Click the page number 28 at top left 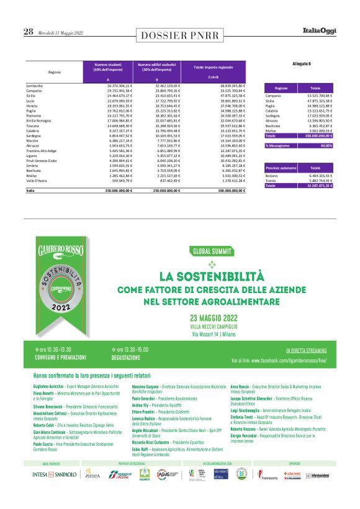(29, 32)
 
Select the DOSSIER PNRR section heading (179, 35)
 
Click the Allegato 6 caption (301, 63)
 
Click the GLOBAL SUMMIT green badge (212, 253)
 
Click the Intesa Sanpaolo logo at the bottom (55, 492)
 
